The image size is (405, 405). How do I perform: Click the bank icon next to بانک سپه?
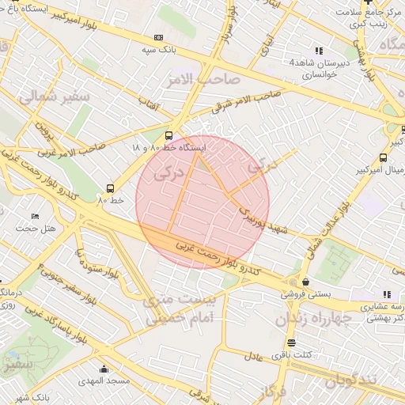pos(159,37)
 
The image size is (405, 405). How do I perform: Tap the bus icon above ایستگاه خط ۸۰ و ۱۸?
pos(168,135)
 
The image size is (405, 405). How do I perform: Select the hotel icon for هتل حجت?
pos(35,216)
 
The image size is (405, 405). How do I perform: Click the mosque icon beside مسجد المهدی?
pos(104,369)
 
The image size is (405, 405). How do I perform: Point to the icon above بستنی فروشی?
pos(305,282)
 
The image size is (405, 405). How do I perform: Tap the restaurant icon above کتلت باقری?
pos(292,343)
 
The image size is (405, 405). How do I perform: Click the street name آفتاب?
pos(149,104)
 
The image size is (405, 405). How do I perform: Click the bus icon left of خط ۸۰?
pos(109,188)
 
